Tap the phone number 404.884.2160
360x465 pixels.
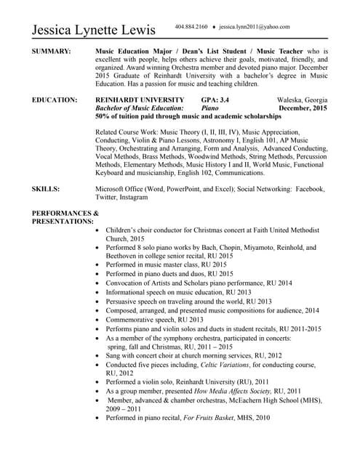point(191,27)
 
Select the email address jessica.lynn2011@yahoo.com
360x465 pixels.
point(254,27)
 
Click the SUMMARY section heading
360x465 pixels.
point(52,52)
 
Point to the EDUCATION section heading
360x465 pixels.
point(55,100)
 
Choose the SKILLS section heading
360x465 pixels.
point(46,188)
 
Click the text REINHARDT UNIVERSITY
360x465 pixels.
point(135,100)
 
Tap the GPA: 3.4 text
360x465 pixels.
point(215,100)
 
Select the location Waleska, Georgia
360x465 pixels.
point(302,100)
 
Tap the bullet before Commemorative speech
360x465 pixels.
point(99,320)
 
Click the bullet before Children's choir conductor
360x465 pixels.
point(99,230)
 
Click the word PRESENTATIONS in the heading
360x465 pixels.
point(63,220)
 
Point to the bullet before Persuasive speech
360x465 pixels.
point(99,302)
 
